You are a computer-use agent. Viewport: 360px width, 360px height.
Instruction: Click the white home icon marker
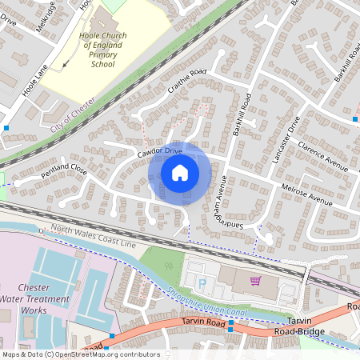tap(180, 173)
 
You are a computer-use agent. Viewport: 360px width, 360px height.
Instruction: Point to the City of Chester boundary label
tap(72, 116)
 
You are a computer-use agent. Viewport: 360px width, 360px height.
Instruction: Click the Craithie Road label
tap(186, 83)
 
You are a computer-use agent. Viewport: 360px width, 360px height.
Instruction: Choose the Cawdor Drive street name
tap(159, 151)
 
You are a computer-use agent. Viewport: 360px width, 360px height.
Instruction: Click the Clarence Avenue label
tap(322, 157)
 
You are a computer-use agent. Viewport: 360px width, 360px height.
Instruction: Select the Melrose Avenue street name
tap(306, 193)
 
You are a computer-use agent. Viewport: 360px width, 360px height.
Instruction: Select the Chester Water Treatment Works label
tap(34, 298)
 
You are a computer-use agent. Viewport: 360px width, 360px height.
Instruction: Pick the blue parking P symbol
tap(202, 283)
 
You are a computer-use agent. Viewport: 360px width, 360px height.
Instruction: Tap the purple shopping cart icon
tap(255, 281)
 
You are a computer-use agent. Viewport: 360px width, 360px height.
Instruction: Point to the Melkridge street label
tap(46, 14)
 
